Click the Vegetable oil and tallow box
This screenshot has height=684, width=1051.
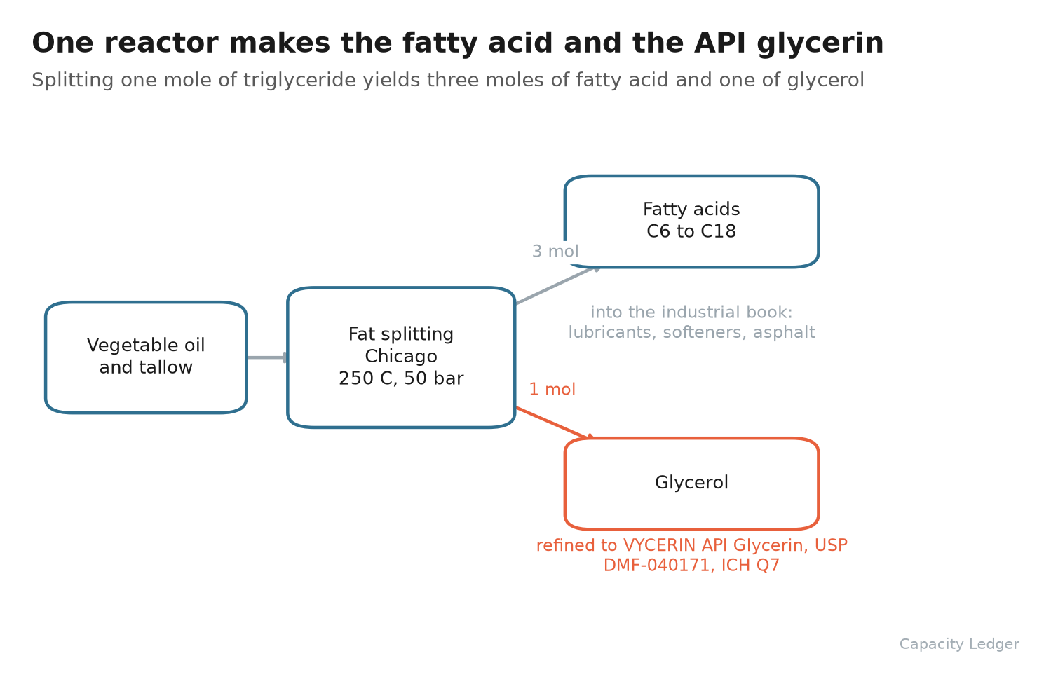146,357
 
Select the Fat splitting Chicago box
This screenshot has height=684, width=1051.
401,357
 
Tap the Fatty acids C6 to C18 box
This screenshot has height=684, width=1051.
691,221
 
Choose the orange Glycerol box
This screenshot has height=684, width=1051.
691,484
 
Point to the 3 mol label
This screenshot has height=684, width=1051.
555,252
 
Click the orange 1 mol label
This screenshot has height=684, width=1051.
552,390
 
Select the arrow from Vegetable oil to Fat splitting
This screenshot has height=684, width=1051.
267,357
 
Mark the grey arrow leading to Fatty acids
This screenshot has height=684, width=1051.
558,285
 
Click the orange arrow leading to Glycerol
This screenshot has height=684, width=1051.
555,423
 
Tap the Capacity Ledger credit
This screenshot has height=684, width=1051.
959,644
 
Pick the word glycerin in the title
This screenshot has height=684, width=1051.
820,44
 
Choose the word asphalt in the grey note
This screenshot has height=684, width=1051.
784,333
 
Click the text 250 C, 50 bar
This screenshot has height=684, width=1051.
401,378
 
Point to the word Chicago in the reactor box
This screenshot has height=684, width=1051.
401,357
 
